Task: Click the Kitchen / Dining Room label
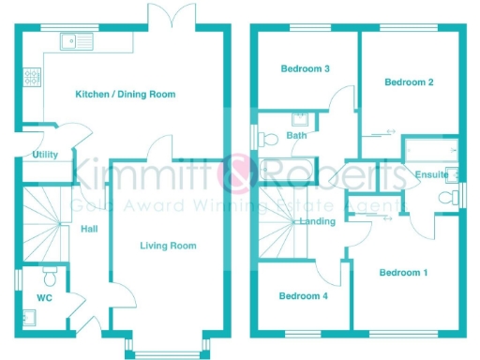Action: (125, 94)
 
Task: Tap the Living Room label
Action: (168, 246)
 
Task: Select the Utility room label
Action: (45, 154)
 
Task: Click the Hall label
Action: (89, 228)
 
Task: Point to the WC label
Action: (43, 298)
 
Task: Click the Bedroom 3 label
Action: (305, 68)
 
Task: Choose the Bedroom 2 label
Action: (409, 82)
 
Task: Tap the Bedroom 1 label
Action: (403, 273)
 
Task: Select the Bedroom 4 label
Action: (304, 296)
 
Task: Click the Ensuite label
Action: (428, 173)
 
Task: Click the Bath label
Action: (296, 136)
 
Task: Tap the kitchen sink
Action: (73, 40)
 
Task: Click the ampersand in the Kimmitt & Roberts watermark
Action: (232, 174)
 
